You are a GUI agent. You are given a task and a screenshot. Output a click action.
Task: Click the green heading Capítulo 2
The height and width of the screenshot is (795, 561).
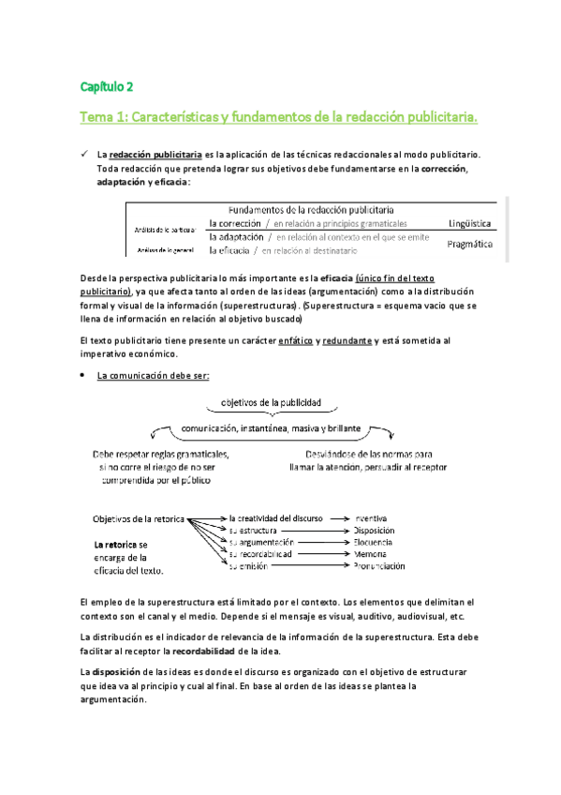click(x=106, y=86)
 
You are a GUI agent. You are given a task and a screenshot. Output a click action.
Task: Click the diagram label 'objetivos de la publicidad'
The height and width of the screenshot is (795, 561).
click(x=271, y=403)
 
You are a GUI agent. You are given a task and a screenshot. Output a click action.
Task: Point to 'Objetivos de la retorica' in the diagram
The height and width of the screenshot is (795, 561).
click(x=138, y=518)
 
